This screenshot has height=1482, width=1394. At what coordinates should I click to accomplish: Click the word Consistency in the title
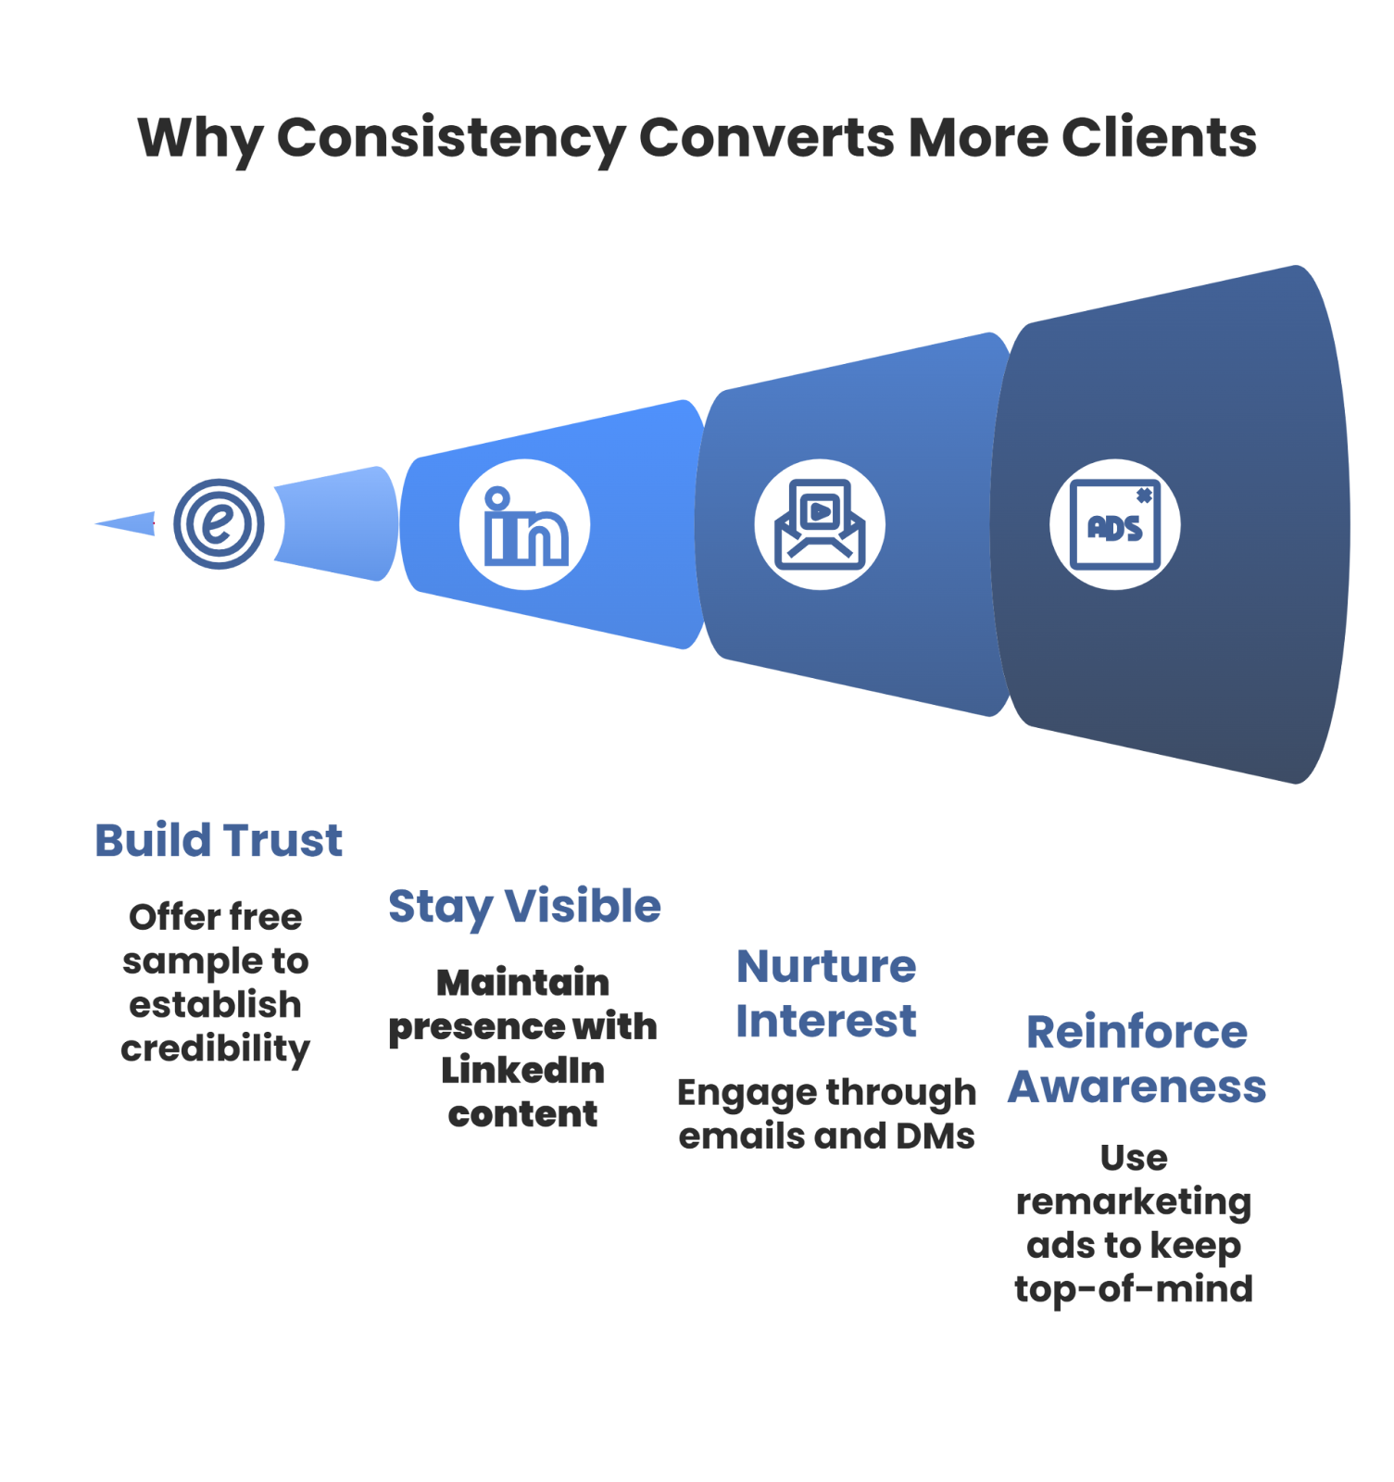[x=450, y=139]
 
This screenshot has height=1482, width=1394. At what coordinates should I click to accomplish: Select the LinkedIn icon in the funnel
[x=524, y=524]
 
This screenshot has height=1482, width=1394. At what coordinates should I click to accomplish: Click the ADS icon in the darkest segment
[x=1114, y=524]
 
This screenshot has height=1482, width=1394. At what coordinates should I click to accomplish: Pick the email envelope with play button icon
[x=820, y=524]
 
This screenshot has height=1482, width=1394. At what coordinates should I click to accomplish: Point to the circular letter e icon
[x=219, y=524]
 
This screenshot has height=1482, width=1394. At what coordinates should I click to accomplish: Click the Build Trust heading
[x=219, y=841]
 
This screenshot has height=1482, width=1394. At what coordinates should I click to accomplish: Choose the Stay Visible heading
[x=524, y=906]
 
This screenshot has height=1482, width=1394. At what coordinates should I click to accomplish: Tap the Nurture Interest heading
[x=826, y=994]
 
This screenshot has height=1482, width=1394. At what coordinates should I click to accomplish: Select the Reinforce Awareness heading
[x=1137, y=1060]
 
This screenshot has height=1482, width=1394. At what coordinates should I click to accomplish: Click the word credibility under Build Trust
[x=215, y=1049]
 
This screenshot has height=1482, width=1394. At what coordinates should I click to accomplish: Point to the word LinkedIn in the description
[x=523, y=1071]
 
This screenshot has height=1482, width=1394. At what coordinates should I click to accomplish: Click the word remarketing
[x=1134, y=1202]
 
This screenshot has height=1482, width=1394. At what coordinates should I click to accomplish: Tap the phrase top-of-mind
[x=1134, y=1289]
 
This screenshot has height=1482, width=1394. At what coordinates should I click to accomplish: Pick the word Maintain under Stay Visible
[x=522, y=983]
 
